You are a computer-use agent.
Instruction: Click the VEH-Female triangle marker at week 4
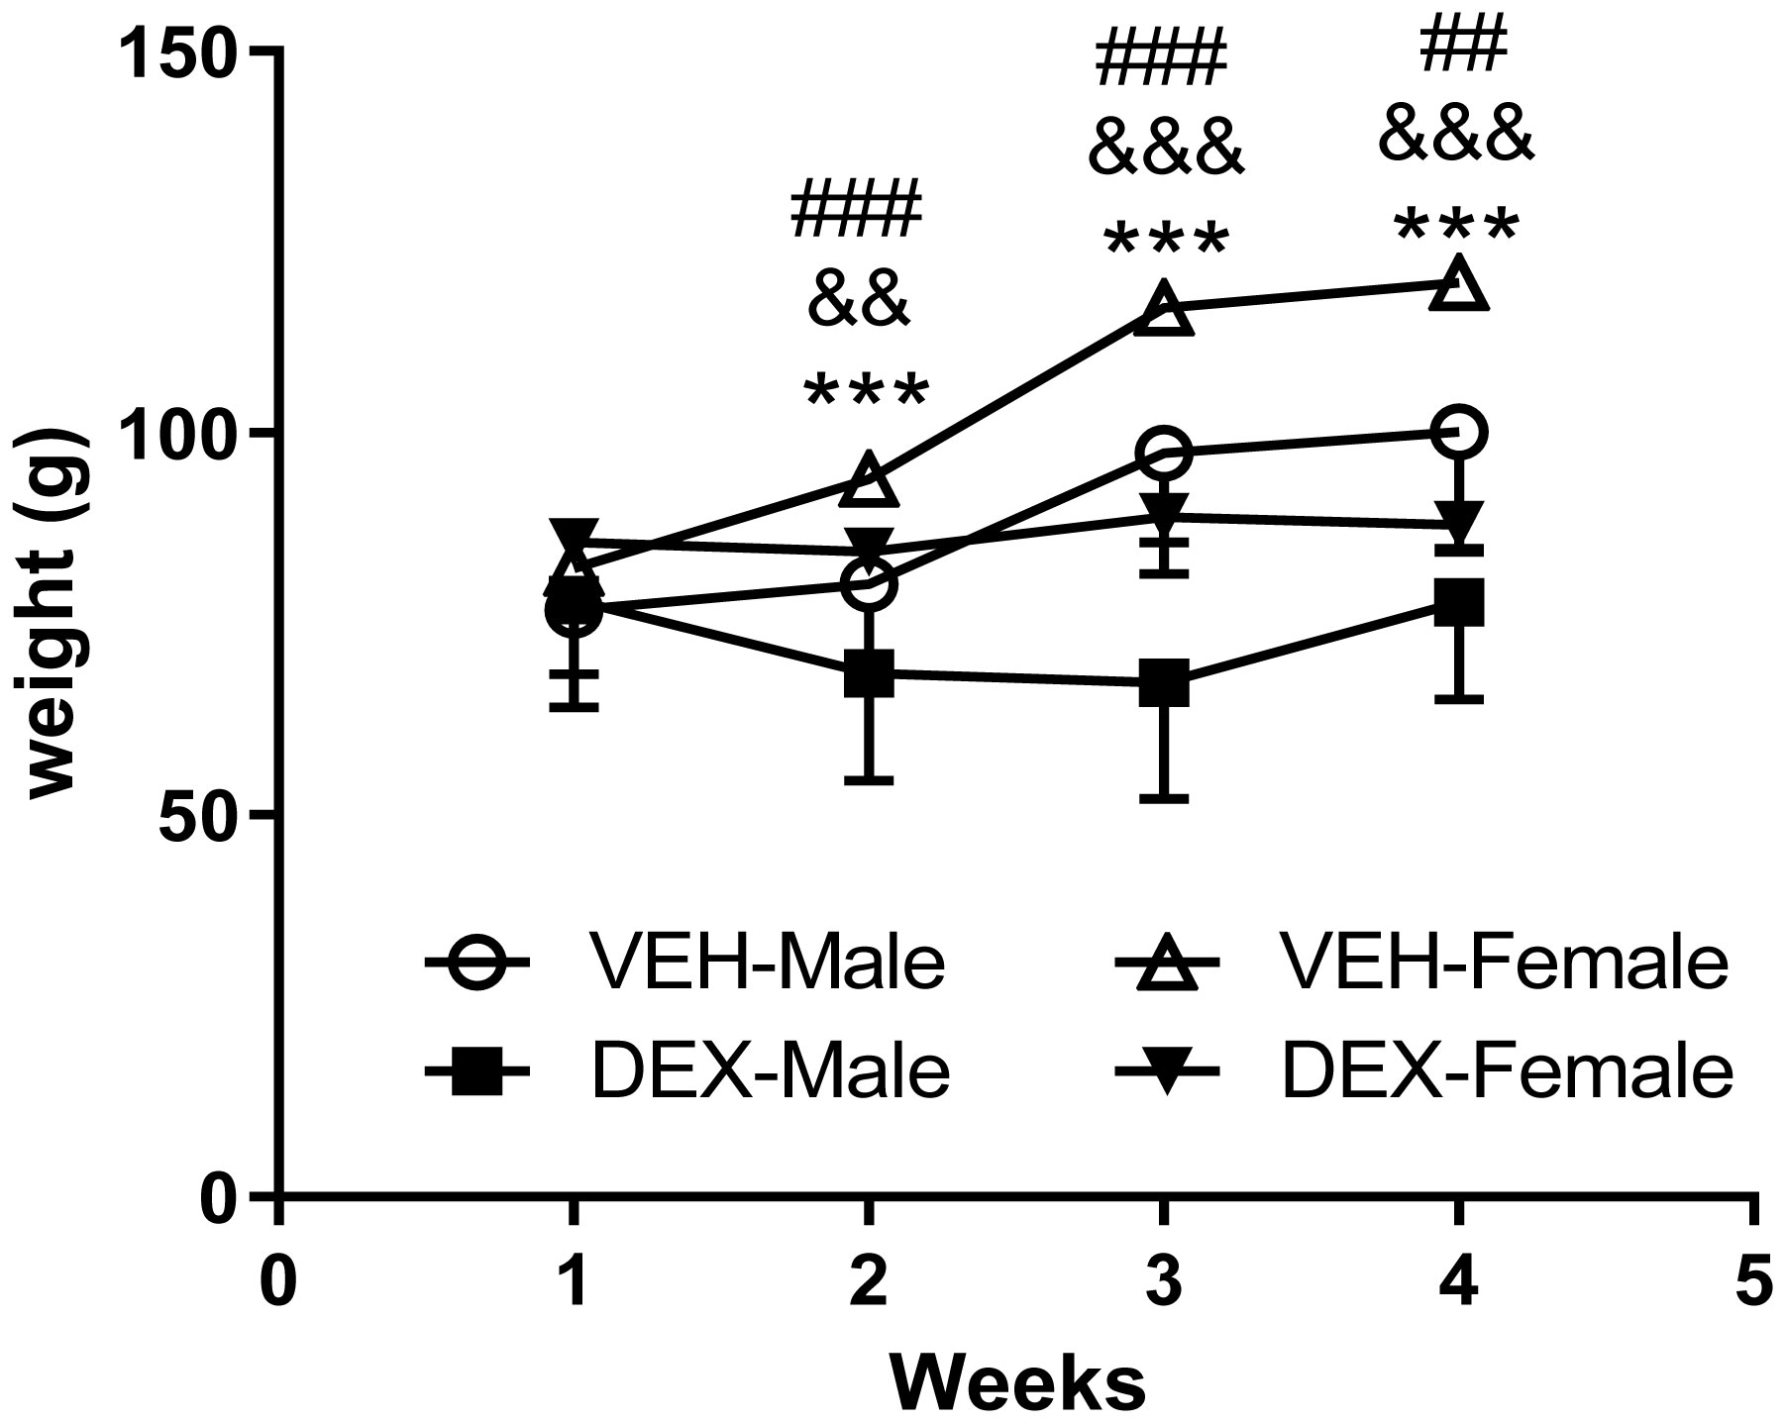pyautogui.click(x=1459, y=285)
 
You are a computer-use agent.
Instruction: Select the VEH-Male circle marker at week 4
pyautogui.click(x=1459, y=433)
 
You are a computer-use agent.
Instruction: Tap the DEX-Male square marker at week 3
pyautogui.click(x=1164, y=683)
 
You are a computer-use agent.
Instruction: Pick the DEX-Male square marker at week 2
pyautogui.click(x=869, y=673)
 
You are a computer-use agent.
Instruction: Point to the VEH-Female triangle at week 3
pyautogui.click(x=1164, y=310)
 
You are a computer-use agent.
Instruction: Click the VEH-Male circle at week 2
pyautogui.click(x=869, y=584)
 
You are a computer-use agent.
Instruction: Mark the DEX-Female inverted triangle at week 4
pyautogui.click(x=1459, y=522)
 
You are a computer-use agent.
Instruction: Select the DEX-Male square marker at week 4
pyautogui.click(x=1459, y=603)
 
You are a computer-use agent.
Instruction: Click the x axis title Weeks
pyautogui.click(x=1017, y=1383)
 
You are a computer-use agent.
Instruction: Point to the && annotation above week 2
pyautogui.click(x=859, y=302)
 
